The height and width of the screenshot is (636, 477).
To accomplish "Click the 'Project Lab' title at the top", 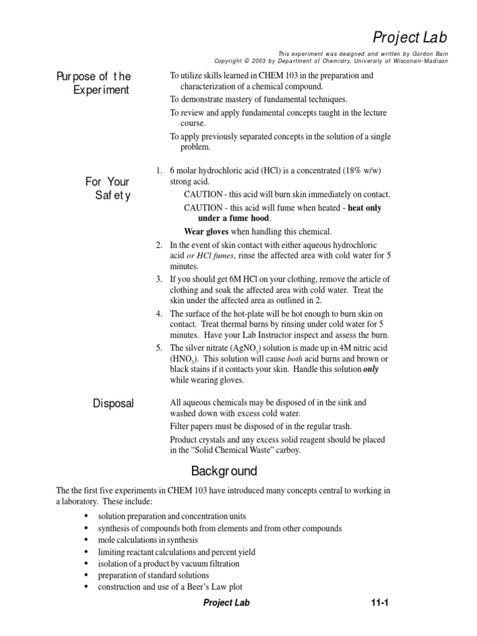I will (410, 37).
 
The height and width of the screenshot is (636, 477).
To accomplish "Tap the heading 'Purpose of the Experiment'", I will (93, 83).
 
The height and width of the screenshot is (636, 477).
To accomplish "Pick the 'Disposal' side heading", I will (113, 404).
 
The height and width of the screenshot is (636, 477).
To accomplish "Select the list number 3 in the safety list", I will (159, 279).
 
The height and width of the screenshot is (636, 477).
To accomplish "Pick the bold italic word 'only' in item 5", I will (370, 369).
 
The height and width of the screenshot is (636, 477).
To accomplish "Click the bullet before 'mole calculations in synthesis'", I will (84, 540).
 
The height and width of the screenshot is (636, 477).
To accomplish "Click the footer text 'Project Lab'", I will (226, 603).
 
